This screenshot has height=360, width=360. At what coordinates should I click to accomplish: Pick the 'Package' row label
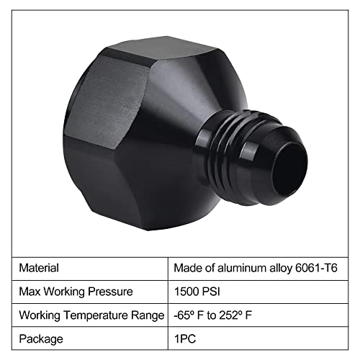[x=40, y=338]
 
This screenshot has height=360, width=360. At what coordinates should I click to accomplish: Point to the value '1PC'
[x=184, y=338]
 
